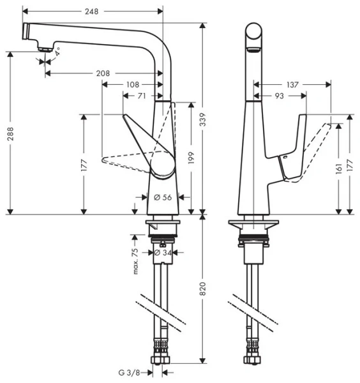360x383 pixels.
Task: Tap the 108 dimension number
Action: click(133, 84)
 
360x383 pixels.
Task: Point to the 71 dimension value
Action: click(142, 96)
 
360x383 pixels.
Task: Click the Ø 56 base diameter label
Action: click(163, 197)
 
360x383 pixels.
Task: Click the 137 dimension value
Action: click(292, 84)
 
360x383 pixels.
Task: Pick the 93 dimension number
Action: click(280, 96)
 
